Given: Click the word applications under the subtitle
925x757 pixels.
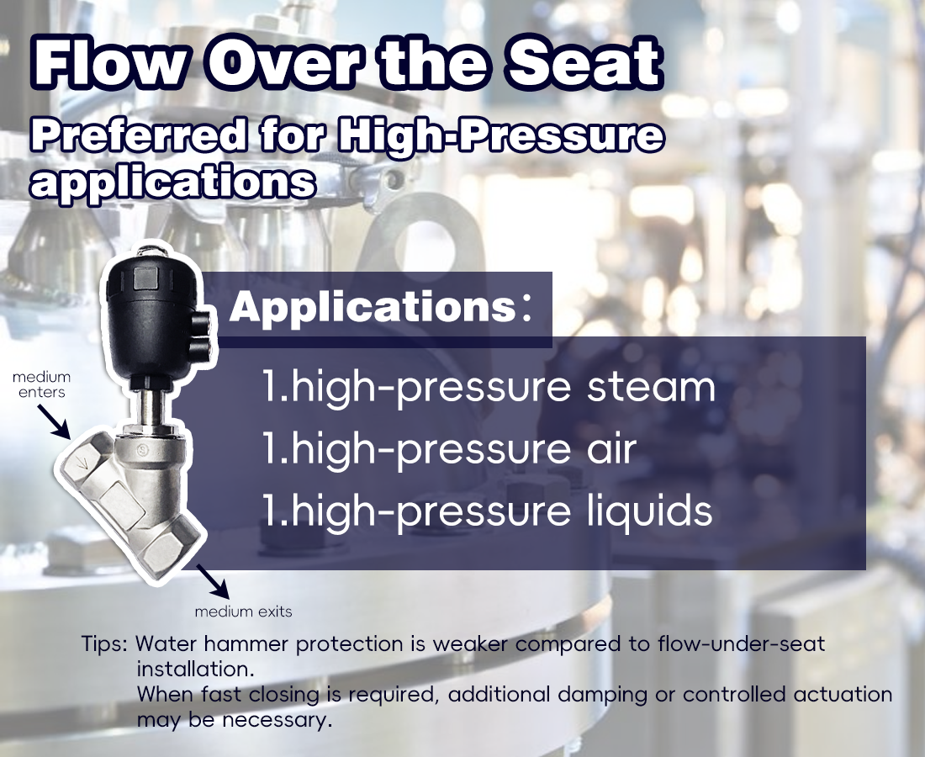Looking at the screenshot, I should (x=172, y=181).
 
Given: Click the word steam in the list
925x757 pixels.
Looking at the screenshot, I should (x=651, y=387).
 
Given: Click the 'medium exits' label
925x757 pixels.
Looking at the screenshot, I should (x=243, y=611).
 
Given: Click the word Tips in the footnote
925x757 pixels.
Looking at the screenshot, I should (x=104, y=644).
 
